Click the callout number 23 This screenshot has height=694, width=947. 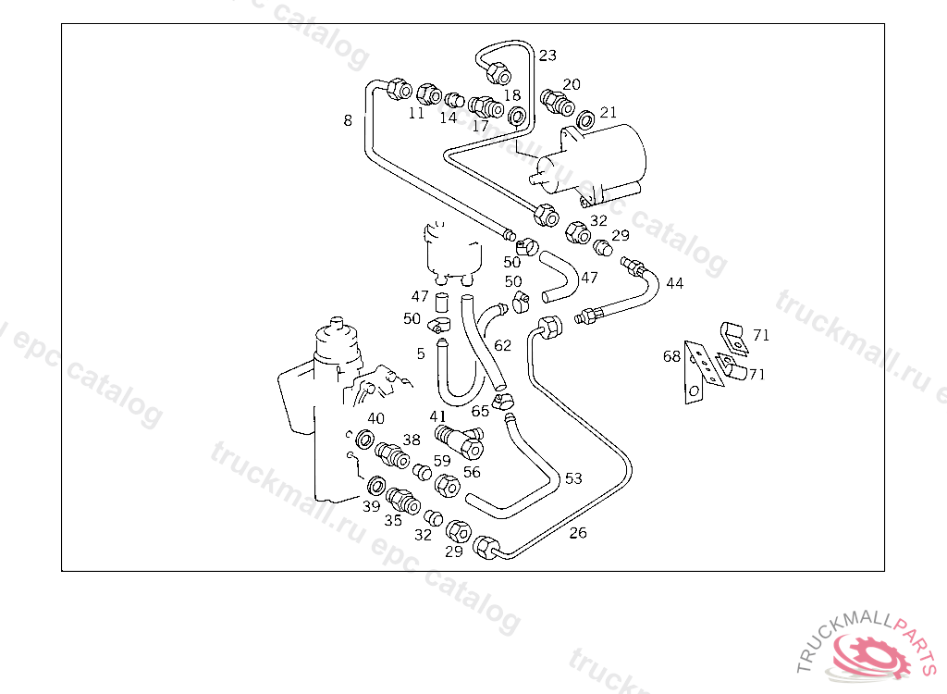pos(547,56)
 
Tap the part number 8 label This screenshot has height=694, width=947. pos(348,120)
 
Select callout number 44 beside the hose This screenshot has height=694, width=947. pos(674,283)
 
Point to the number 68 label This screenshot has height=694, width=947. pos(671,356)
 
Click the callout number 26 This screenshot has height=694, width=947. pos(577,533)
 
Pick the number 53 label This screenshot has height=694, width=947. pos(573,478)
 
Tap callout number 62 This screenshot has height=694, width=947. pos(502,346)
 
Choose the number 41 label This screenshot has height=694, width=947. pos(437,416)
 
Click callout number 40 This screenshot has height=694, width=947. pos(376,419)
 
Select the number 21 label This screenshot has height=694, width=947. pos(608,113)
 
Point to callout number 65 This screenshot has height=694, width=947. pos(480,411)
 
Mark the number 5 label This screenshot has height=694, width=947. pos(421,353)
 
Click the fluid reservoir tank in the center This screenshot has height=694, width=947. pos(452,251)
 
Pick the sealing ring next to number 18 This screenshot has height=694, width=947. pos(516,117)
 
